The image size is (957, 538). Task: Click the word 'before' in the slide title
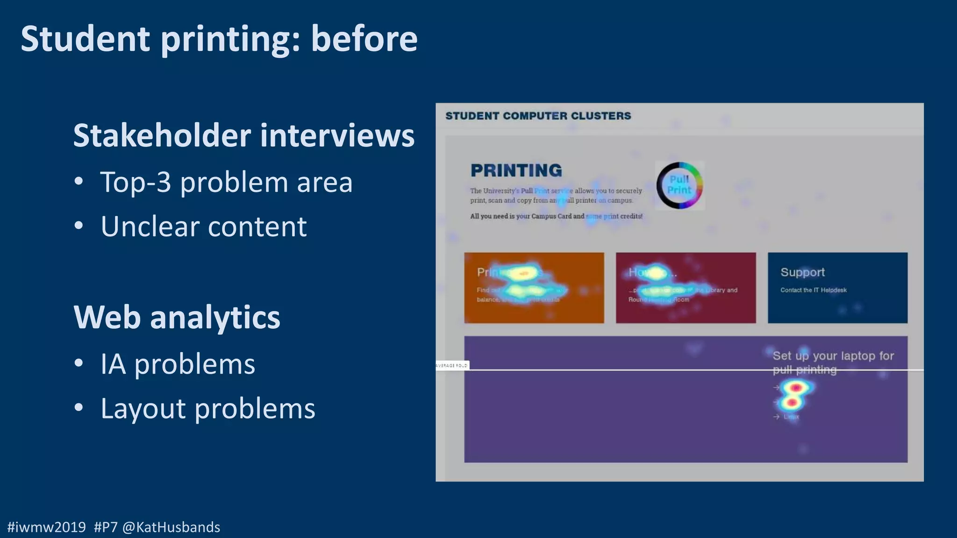pyautogui.click(x=364, y=39)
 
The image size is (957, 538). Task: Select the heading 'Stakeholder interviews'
pyautogui.click(x=243, y=135)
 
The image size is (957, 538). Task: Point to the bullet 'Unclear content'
pyautogui.click(x=203, y=227)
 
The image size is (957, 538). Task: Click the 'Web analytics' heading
pyautogui.click(x=177, y=317)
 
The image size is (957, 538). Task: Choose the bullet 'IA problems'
pyautogui.click(x=178, y=364)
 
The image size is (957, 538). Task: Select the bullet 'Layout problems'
pyautogui.click(x=207, y=409)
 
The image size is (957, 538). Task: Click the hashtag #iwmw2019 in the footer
pyautogui.click(x=47, y=527)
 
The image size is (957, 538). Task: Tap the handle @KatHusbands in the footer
pyautogui.click(x=171, y=527)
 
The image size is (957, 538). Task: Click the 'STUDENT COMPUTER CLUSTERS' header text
pyautogui.click(x=538, y=116)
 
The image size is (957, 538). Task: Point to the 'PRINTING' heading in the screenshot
pyautogui.click(x=516, y=170)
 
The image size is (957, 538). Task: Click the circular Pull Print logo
pyautogui.click(x=679, y=185)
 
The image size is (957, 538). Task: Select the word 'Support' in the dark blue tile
pyautogui.click(x=802, y=272)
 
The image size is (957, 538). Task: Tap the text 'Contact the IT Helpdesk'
pyautogui.click(x=813, y=290)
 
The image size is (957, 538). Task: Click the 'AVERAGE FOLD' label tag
pyautogui.click(x=452, y=365)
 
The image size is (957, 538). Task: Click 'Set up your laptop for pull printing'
pyautogui.click(x=833, y=362)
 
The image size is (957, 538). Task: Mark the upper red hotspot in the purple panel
pyautogui.click(x=796, y=387)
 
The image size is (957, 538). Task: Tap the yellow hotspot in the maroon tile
pyautogui.click(x=656, y=273)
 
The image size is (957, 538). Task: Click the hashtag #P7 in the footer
pyautogui.click(x=106, y=527)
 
